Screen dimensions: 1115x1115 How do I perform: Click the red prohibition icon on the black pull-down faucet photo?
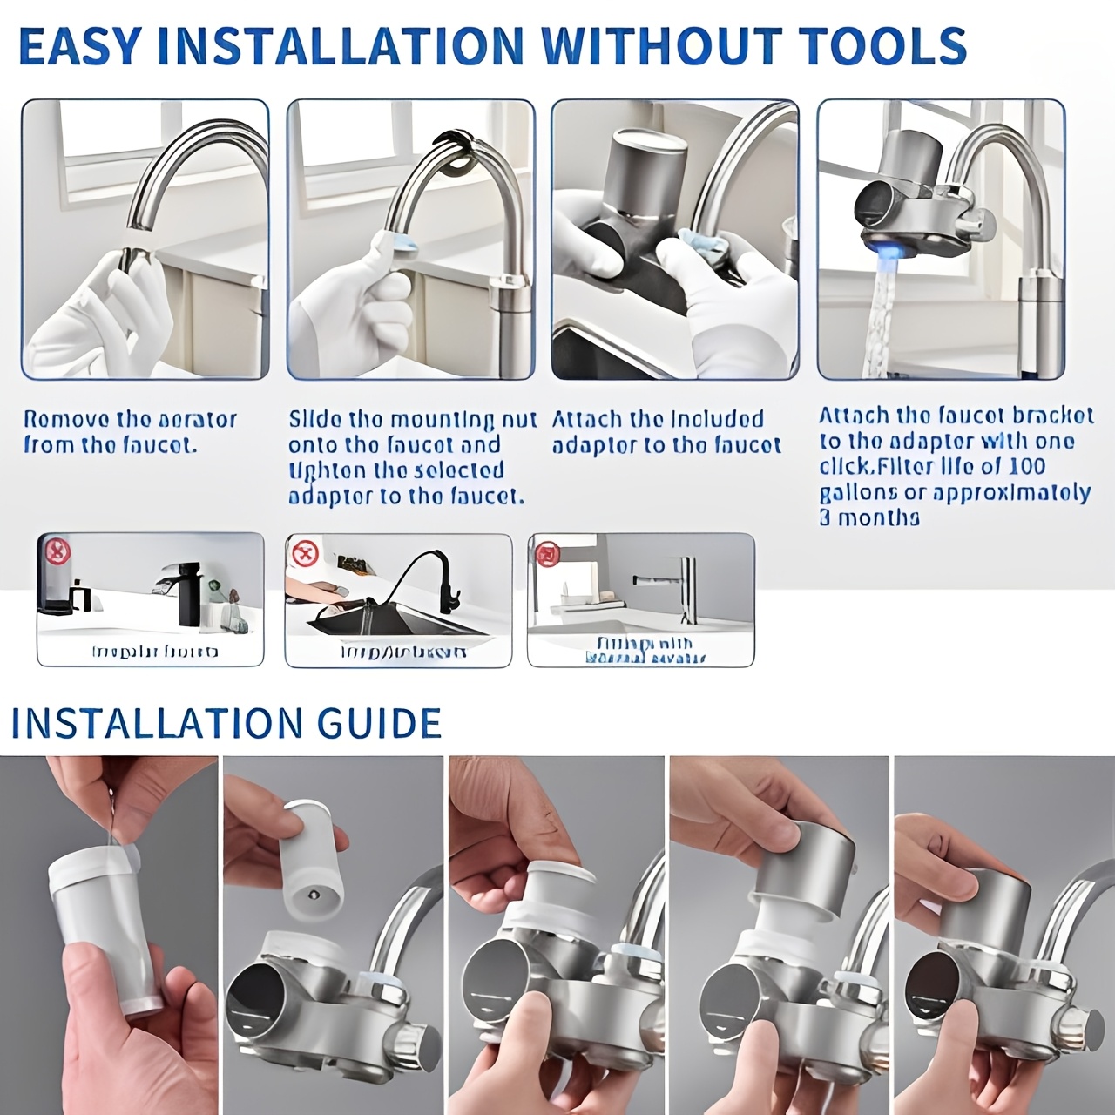tap(305, 553)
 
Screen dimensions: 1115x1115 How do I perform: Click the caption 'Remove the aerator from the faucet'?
tap(130, 432)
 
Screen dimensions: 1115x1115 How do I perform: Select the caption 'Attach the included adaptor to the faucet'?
tap(666, 432)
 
